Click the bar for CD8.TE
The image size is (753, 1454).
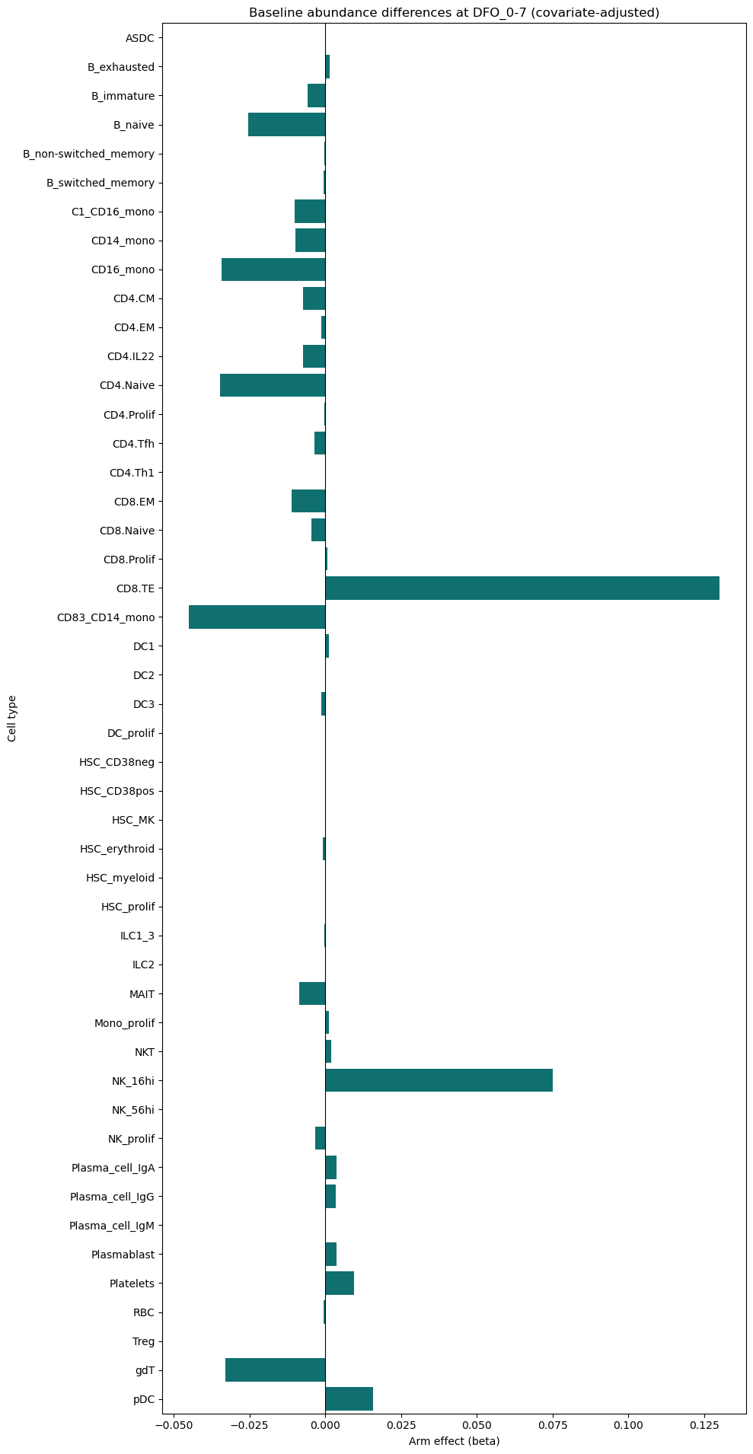[522, 588]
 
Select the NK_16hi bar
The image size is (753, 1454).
[439, 1081]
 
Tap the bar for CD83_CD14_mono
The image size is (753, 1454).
[257, 617]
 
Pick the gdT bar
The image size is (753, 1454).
[276, 1370]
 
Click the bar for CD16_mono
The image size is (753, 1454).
[273, 269]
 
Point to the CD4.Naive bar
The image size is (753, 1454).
[273, 385]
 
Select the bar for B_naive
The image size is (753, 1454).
[287, 125]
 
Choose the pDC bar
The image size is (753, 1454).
[349, 1399]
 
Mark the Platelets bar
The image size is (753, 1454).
[340, 1283]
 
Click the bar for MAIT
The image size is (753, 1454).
[312, 994]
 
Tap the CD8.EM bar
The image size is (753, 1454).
[308, 502]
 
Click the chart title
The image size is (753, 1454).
[454, 12]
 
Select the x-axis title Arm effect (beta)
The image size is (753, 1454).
[454, 1441]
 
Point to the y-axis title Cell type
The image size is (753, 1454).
[12, 718]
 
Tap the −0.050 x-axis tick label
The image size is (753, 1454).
[174, 1424]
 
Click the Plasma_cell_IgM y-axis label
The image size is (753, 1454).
[112, 1226]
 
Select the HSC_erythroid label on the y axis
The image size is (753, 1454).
[117, 849]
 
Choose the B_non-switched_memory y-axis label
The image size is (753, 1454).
[89, 154]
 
